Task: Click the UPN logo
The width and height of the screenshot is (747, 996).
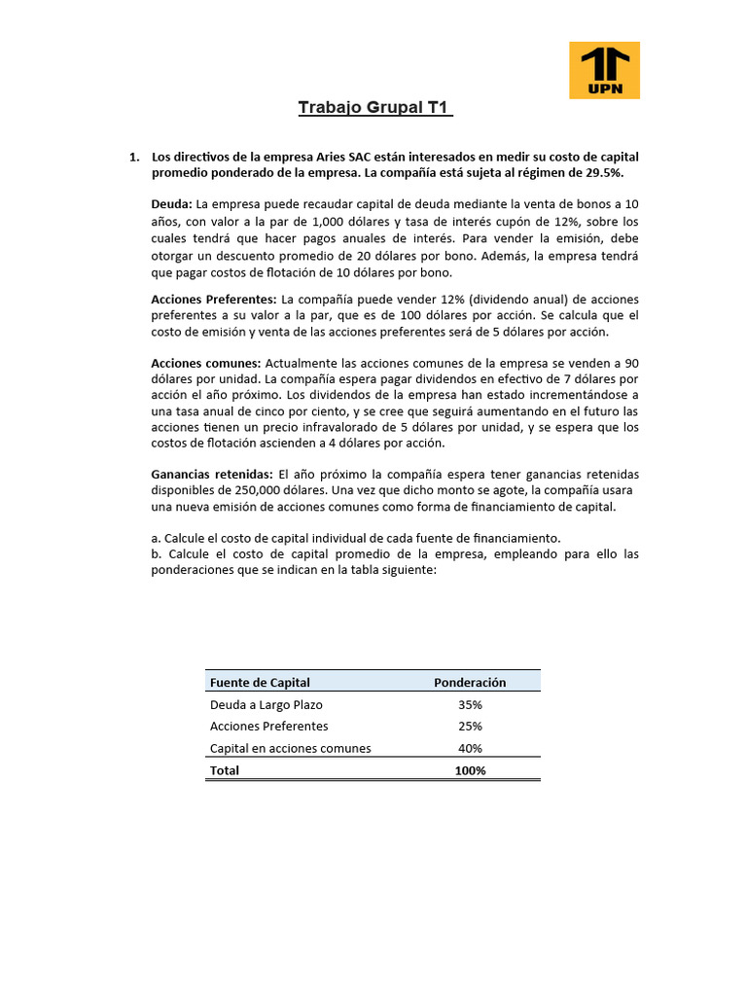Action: tap(604, 70)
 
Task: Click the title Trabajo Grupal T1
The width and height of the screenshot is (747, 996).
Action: tap(374, 107)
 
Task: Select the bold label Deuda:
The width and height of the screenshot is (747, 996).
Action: tap(172, 204)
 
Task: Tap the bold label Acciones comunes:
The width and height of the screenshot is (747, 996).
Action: tap(206, 363)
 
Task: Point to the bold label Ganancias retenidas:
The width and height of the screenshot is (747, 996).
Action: tap(212, 474)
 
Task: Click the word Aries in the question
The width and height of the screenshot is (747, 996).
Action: tap(348, 156)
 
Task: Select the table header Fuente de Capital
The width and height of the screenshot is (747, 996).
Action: tap(260, 683)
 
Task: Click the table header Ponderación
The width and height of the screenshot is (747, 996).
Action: tap(470, 683)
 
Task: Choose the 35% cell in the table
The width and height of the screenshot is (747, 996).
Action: tap(470, 704)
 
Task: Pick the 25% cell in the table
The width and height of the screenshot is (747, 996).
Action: tap(470, 727)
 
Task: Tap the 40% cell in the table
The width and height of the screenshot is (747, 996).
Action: tap(470, 748)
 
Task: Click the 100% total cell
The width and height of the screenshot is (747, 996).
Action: tap(470, 770)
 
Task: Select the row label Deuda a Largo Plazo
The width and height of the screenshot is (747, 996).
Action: tap(266, 704)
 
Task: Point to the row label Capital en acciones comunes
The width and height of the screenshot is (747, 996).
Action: tap(290, 748)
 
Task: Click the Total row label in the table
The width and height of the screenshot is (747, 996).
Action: tap(225, 770)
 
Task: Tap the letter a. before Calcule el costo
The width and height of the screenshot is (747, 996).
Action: tap(157, 538)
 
